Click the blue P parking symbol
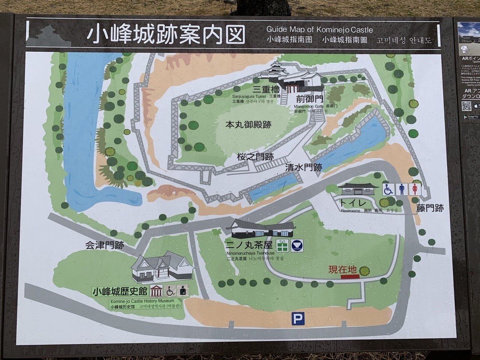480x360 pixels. [x=298, y=319]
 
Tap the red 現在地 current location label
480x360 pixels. [x=343, y=270]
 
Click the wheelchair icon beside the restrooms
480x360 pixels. [x=388, y=189]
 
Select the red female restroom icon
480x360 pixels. [x=415, y=189]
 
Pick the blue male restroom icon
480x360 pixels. [x=402, y=189]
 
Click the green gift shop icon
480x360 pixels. [x=282, y=245]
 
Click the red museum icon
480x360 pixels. [x=156, y=291]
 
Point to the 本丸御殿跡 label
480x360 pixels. [x=248, y=125]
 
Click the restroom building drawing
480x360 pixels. [x=356, y=189]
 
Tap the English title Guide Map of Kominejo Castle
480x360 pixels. [x=319, y=29]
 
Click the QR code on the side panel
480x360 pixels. [x=466, y=106]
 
